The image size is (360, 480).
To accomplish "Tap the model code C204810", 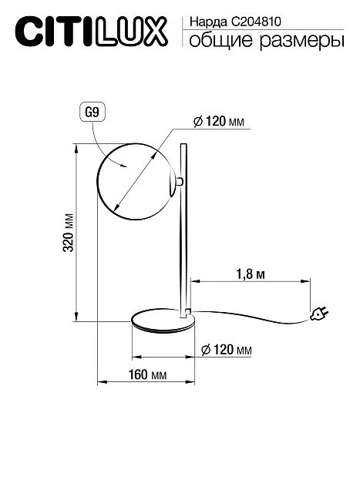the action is [256, 22].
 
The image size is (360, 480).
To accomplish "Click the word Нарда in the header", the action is [208, 22].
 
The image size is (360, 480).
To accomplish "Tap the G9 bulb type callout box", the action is [93, 112].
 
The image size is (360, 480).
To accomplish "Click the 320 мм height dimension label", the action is [69, 232].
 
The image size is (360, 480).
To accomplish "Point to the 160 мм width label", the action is [147, 374].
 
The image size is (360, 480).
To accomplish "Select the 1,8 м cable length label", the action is [250, 274].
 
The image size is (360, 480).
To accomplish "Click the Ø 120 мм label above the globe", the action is [219, 122].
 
